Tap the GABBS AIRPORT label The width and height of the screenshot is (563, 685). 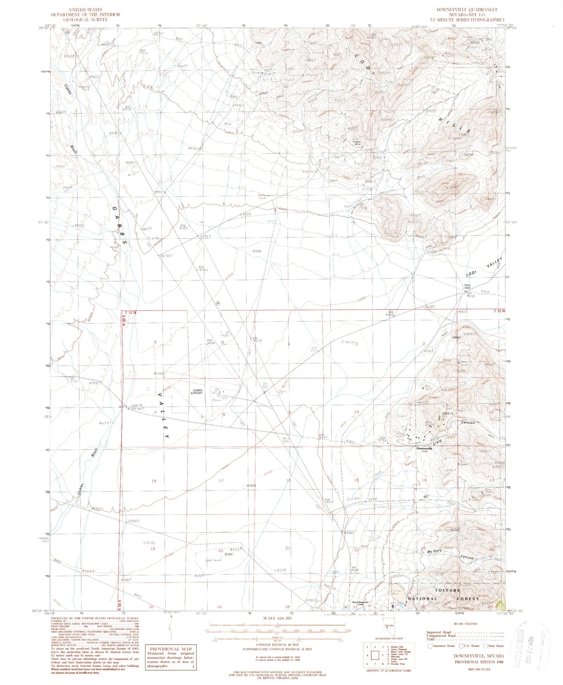coord(196,392)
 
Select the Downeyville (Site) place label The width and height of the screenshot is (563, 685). coord(425,450)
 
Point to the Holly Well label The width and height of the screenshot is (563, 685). coord(467,287)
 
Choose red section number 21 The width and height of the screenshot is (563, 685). coord(288,548)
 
